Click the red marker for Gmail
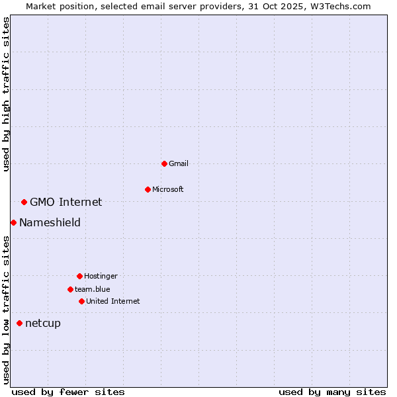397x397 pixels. pyautogui.click(x=164, y=163)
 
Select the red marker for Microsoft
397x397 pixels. pyautogui.click(x=148, y=189)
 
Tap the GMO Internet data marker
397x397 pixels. pyautogui.click(x=24, y=202)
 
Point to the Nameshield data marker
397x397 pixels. pyautogui.click(x=13, y=222)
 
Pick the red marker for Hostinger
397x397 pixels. pyautogui.click(x=79, y=276)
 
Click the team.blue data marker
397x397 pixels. pyautogui.click(x=70, y=289)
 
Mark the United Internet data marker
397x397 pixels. pyautogui.click(x=81, y=301)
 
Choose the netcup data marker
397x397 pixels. pyautogui.click(x=19, y=323)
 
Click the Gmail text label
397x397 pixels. pyautogui.click(x=179, y=163)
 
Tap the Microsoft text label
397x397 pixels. pyautogui.click(x=167, y=189)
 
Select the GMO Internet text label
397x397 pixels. pyautogui.click(x=66, y=202)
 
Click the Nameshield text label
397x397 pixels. pyautogui.click(x=50, y=222)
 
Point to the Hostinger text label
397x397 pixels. pyautogui.click(x=101, y=276)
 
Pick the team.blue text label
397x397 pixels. pyautogui.click(x=93, y=289)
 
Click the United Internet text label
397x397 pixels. pyautogui.click(x=112, y=301)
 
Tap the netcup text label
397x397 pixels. pyautogui.click(x=42, y=323)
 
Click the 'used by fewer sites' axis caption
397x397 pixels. pyautogui.click(x=68, y=392)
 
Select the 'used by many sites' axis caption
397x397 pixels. pyautogui.click(x=332, y=392)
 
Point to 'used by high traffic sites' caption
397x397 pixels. pyautogui.click(x=6, y=94)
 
